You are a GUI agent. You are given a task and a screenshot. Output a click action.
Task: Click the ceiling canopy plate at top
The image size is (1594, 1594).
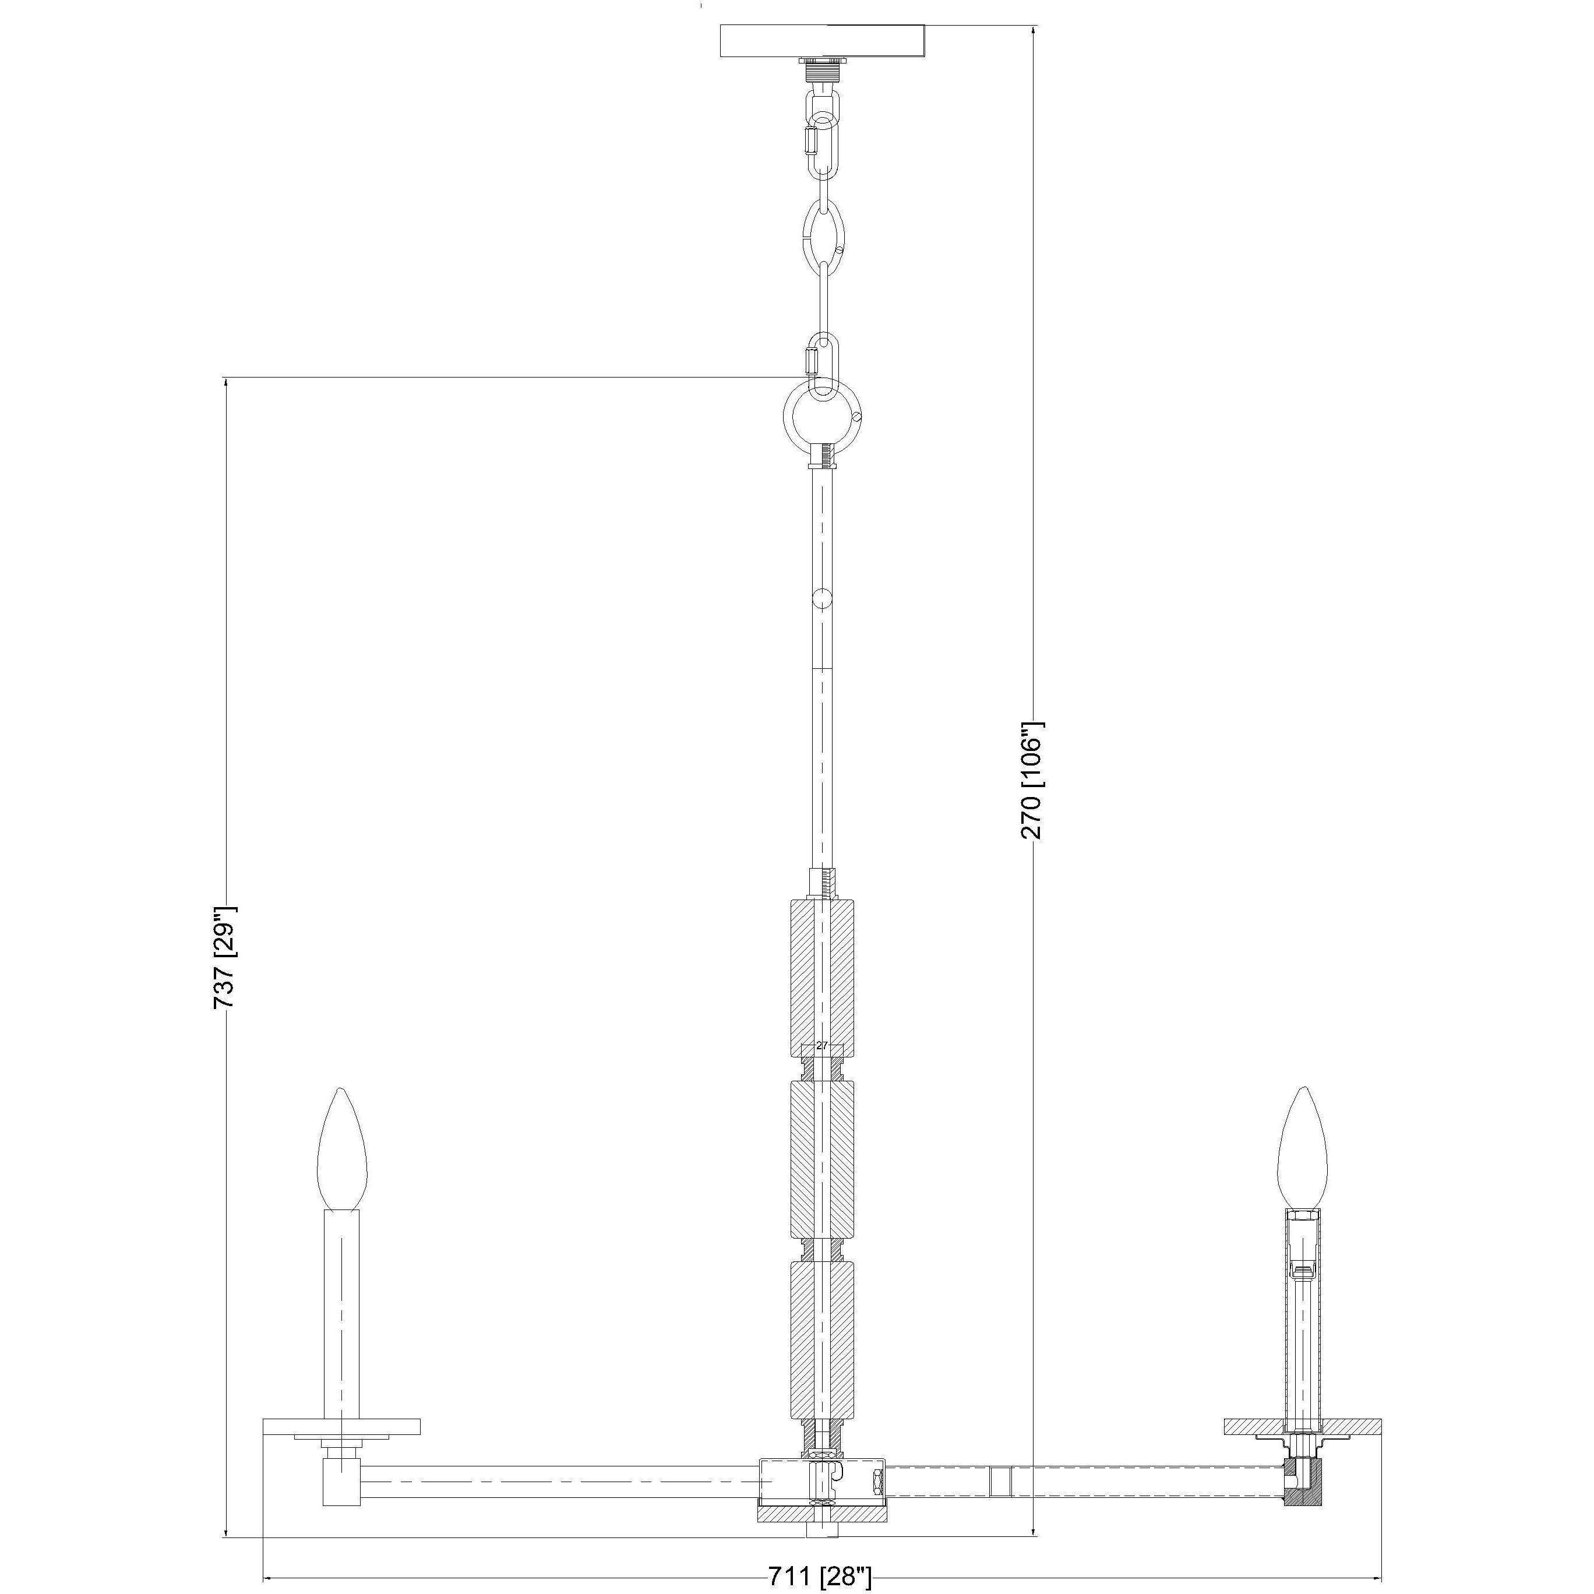(x=823, y=41)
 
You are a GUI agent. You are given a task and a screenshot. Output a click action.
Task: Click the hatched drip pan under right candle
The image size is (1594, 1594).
(x=1302, y=1426)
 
